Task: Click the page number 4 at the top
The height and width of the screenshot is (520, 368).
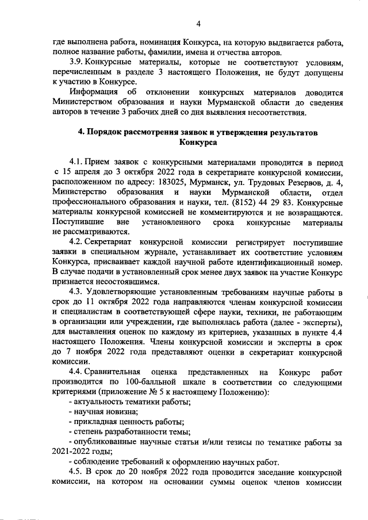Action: click(x=198, y=24)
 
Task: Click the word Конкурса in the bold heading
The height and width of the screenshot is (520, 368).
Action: click(x=197, y=142)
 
